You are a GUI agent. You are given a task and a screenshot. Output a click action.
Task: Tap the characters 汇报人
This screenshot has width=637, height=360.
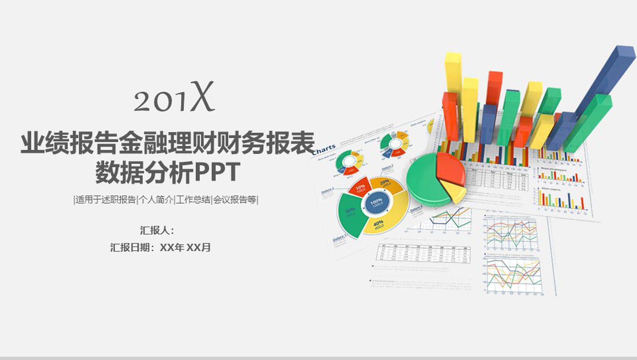(155, 230)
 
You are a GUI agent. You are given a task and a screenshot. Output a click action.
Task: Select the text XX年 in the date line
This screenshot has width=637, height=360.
(172, 247)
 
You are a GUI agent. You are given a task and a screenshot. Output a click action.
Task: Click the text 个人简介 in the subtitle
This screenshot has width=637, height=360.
(156, 200)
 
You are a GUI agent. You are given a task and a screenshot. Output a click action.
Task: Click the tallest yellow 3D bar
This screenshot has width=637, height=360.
(453, 74)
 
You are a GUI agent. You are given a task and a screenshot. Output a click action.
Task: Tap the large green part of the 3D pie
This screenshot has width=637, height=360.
(422, 181)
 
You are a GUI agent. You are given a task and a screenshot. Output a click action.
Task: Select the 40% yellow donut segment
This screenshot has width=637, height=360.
(381, 224)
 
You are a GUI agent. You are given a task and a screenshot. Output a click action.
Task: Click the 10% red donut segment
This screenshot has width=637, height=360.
(359, 188)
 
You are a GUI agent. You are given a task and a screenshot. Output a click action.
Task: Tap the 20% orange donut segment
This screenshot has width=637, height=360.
(387, 184)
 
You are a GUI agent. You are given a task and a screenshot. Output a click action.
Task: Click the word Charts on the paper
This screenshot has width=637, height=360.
(323, 149)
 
